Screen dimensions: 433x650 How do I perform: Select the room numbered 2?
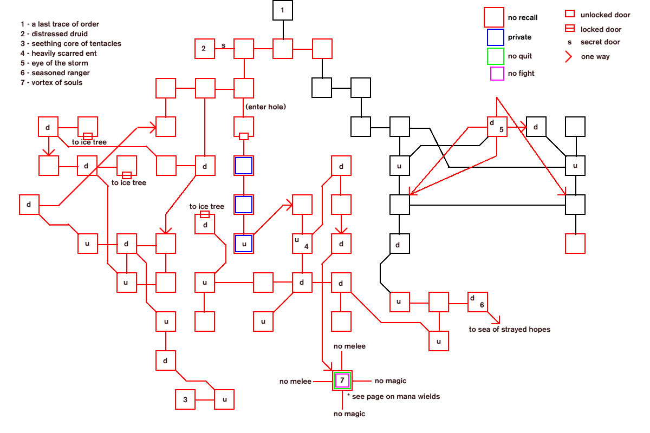pos(205,49)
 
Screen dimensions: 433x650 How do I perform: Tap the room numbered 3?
pos(185,399)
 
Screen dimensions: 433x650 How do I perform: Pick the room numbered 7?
pos(342,380)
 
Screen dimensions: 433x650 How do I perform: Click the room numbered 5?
pos(497,127)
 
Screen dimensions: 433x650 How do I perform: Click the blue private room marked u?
pos(244,244)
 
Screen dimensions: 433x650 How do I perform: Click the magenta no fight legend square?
pos(497,74)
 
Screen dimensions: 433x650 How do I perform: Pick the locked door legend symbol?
pos(569,29)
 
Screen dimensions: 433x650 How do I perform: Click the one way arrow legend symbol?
pos(570,56)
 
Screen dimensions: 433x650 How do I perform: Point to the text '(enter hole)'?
pos(265,107)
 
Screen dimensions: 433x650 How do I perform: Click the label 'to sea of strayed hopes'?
pos(509,329)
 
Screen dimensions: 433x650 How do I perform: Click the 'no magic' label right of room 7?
pos(390,381)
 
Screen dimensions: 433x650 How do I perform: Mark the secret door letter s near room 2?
pos(223,45)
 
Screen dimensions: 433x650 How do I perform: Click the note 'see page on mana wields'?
pos(395,396)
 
